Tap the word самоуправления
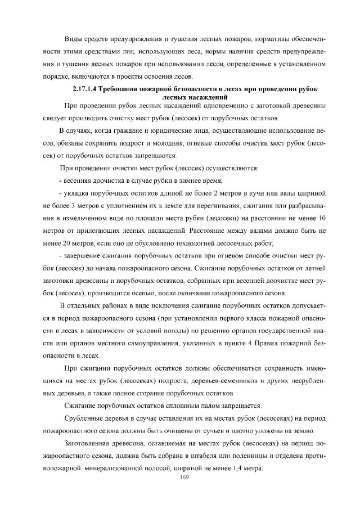[148, 344]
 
